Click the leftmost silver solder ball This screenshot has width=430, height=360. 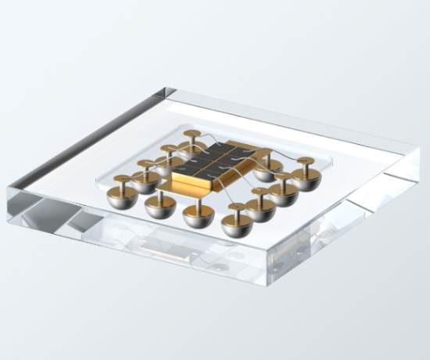pyautogui.click(x=122, y=196)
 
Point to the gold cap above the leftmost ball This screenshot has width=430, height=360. pyautogui.click(x=122, y=181)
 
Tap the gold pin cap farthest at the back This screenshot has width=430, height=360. pyautogui.click(x=191, y=135)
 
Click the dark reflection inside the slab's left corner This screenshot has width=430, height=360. pyautogui.click(x=39, y=207)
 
